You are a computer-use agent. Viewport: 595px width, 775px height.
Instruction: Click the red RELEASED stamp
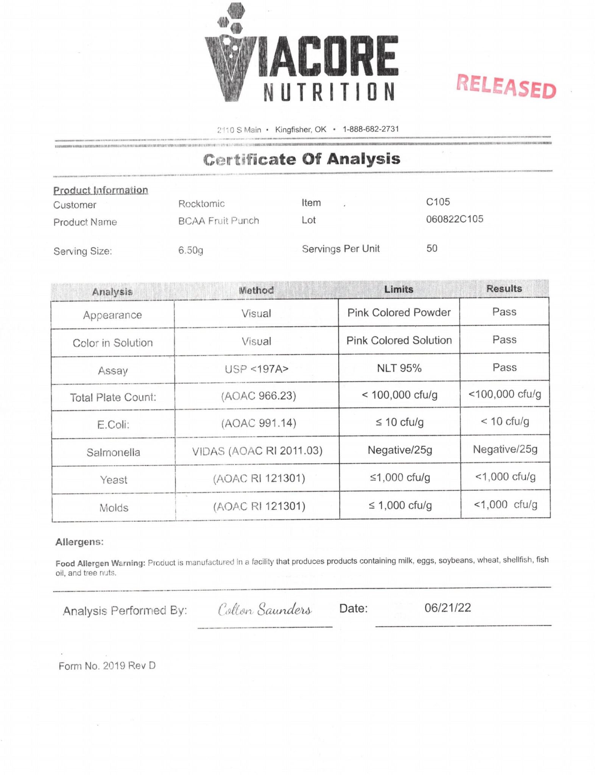click(x=506, y=86)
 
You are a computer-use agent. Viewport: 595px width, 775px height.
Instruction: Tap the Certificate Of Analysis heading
click(x=302, y=159)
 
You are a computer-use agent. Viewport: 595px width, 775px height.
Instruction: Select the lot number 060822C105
click(x=454, y=219)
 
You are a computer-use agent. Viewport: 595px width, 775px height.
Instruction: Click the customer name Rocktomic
click(x=201, y=204)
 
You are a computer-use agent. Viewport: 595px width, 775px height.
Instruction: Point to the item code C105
click(x=438, y=202)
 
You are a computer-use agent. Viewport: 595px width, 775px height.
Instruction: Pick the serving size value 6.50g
click(x=190, y=250)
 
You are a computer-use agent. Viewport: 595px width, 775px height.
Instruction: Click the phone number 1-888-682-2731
click(x=371, y=129)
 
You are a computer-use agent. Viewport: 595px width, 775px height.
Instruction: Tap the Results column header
click(x=504, y=289)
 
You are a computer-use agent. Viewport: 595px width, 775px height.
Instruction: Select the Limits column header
click(x=399, y=289)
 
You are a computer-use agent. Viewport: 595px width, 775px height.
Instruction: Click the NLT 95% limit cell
click(x=399, y=368)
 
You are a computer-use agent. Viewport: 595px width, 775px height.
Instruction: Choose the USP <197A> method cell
click(x=256, y=369)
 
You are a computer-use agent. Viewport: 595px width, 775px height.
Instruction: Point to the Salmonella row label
click(x=113, y=452)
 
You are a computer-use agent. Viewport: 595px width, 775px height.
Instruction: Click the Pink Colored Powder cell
click(x=399, y=313)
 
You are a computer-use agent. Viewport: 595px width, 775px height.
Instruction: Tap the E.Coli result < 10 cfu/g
click(x=505, y=422)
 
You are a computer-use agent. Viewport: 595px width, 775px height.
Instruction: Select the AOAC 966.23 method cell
click(x=259, y=396)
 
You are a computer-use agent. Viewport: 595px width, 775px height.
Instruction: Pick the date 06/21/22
click(x=447, y=608)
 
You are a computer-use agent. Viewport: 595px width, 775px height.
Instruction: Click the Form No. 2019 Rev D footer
click(x=107, y=666)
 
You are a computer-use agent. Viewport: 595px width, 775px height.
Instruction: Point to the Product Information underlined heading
click(x=100, y=190)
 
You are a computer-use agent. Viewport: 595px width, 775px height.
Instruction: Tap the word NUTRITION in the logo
click(x=329, y=92)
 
